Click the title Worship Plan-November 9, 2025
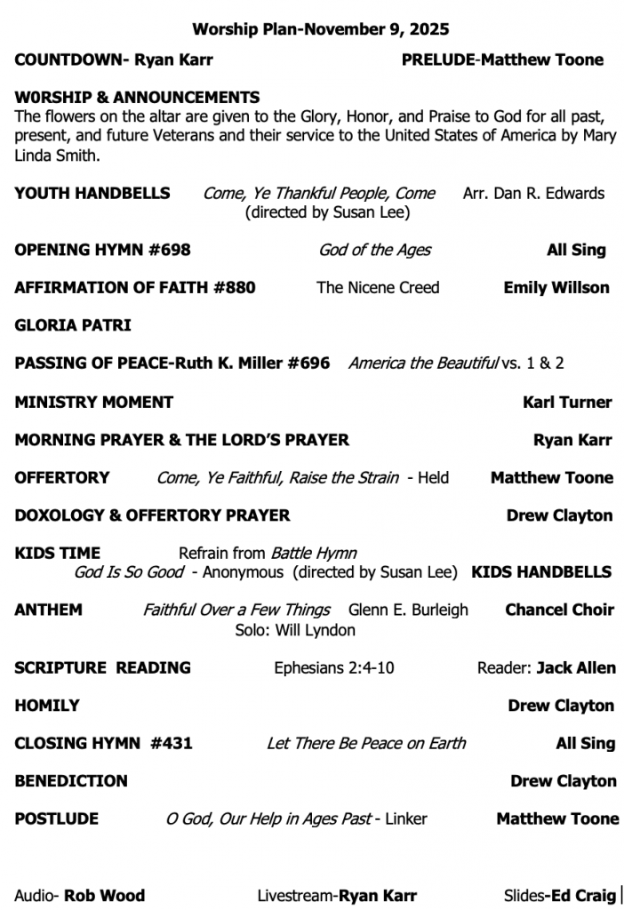pyautogui.click(x=320, y=29)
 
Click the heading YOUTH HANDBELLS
pyautogui.click(x=92, y=193)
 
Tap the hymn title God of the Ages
pyautogui.click(x=374, y=250)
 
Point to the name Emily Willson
pyautogui.click(x=556, y=287)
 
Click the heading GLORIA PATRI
pyautogui.click(x=72, y=325)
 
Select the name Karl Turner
pyautogui.click(x=567, y=402)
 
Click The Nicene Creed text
pyautogui.click(x=378, y=287)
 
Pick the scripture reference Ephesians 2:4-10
pyautogui.click(x=334, y=667)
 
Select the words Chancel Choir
pyautogui.click(x=559, y=610)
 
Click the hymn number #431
pyautogui.click(x=172, y=743)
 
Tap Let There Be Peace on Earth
pyautogui.click(x=366, y=743)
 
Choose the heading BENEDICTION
pyautogui.click(x=71, y=781)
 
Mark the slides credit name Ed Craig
pyautogui.click(x=583, y=895)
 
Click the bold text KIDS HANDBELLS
pyautogui.click(x=541, y=571)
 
